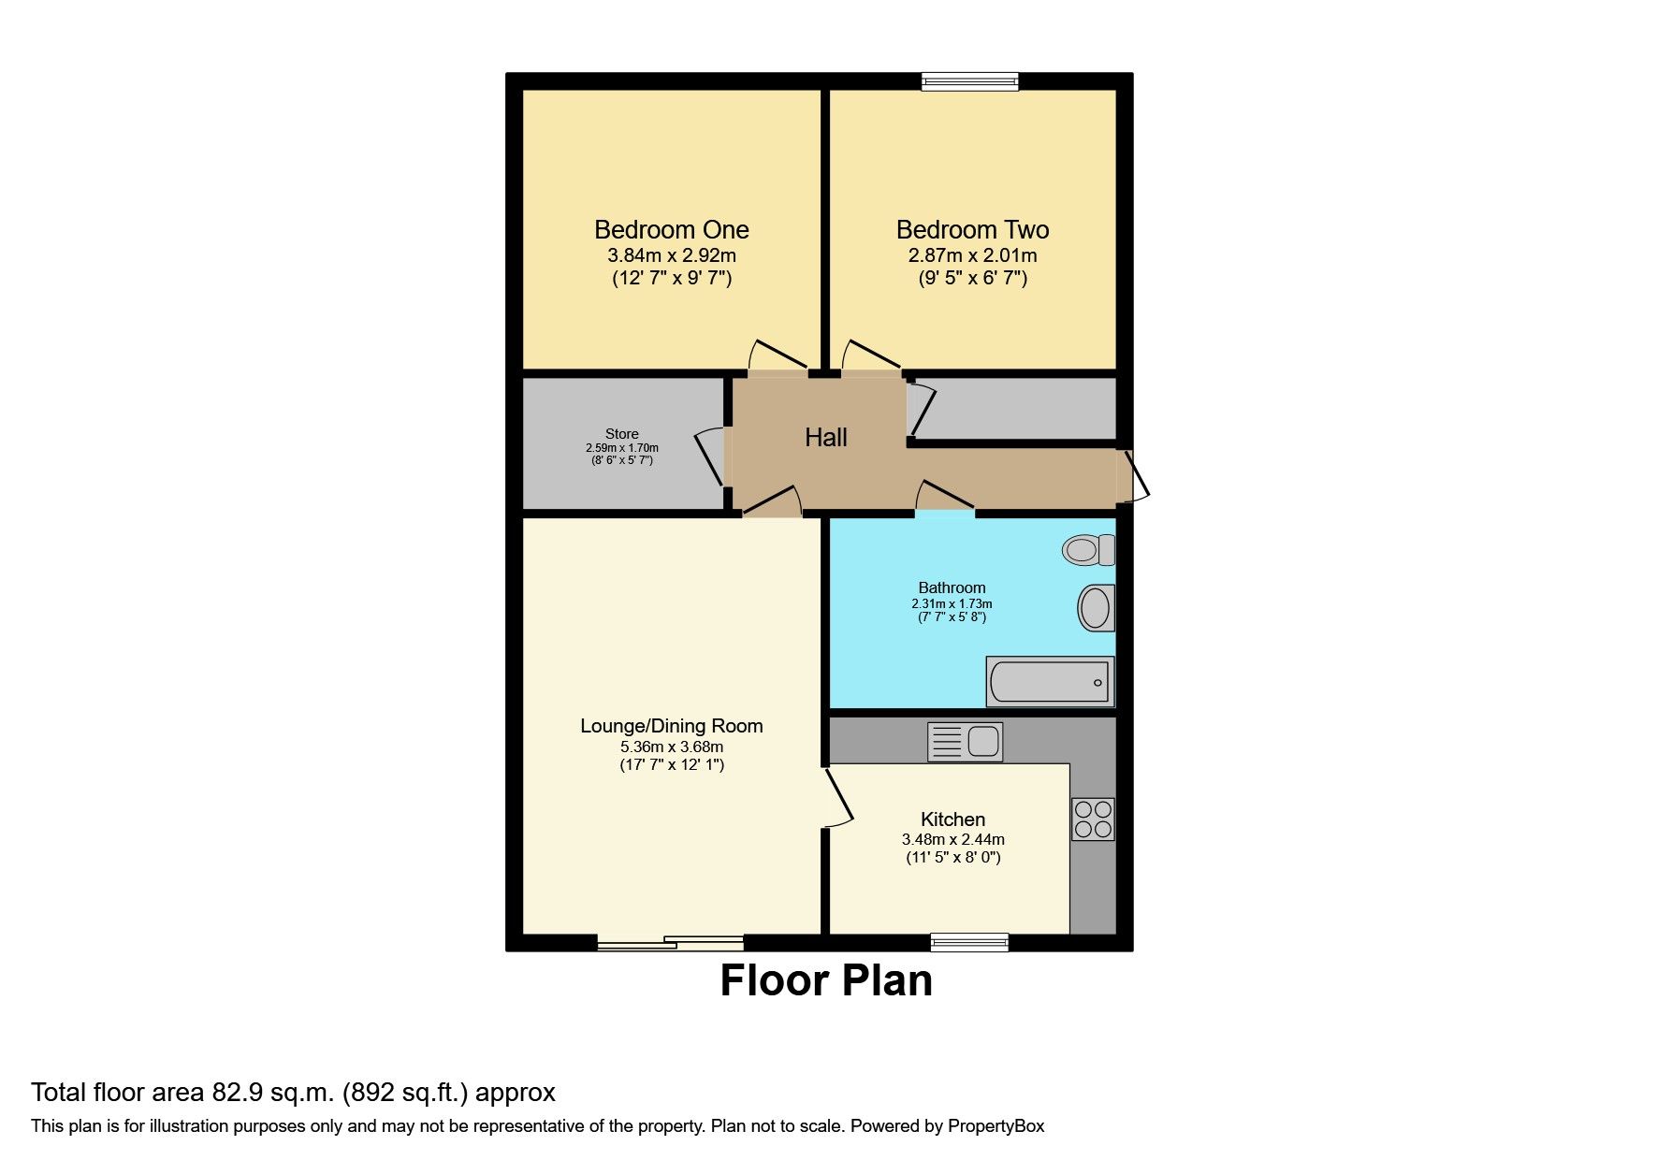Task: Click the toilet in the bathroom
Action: tap(1087, 550)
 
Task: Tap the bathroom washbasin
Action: tap(1096, 608)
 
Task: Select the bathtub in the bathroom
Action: tap(1050, 681)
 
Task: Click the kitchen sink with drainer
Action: tap(965, 742)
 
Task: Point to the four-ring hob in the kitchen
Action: tap(1093, 819)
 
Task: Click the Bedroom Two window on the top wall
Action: tap(970, 82)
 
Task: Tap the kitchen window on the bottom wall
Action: tap(970, 942)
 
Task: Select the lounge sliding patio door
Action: tap(671, 943)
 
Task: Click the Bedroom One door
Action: tap(778, 358)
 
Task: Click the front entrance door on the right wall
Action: tap(1137, 475)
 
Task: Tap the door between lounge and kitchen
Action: tap(838, 796)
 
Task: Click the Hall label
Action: tap(826, 438)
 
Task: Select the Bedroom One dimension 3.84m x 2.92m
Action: tap(672, 255)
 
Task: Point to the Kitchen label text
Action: tap(952, 819)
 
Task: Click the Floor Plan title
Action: tap(826, 981)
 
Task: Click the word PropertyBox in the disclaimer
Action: tap(996, 1126)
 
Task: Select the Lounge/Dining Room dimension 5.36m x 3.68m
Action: tap(672, 747)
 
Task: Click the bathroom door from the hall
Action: tap(945, 496)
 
